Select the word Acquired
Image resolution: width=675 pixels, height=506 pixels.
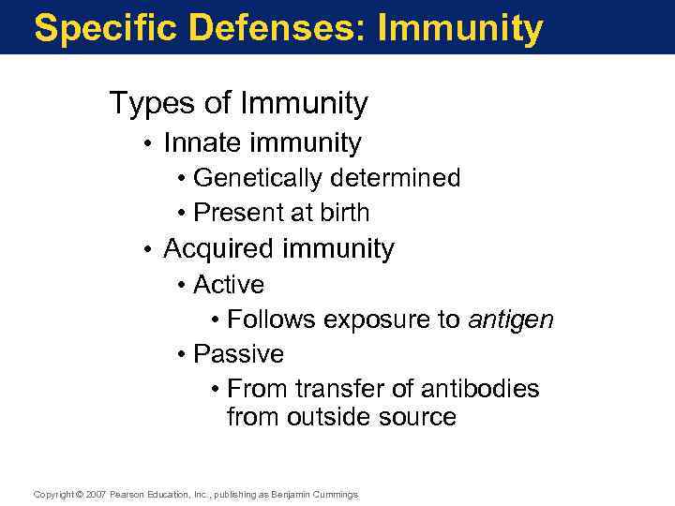point(219,249)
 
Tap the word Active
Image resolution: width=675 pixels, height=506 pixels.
point(229,284)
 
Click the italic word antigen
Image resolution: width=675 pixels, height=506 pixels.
point(511,320)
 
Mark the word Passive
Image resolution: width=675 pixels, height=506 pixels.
point(238,354)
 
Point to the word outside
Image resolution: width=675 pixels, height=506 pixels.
point(336,417)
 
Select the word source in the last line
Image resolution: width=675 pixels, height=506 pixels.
point(419,417)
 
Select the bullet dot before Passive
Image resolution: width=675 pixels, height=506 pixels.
point(180,355)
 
